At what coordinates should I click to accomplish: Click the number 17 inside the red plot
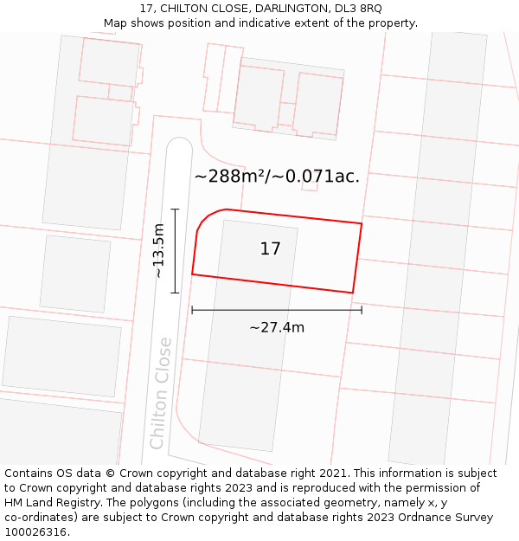[270, 249]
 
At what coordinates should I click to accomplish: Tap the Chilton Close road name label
[161, 393]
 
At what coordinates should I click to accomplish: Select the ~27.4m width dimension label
[277, 327]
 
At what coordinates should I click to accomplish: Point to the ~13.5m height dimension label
[158, 251]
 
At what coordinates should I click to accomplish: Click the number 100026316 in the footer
[35, 531]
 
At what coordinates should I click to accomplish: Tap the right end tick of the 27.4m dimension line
[362, 309]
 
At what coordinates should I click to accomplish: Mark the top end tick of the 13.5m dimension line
[175, 209]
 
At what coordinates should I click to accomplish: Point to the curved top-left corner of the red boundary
[206, 217]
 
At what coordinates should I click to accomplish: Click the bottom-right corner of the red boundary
[352, 293]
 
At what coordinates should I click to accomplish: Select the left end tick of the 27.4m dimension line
[192, 309]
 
